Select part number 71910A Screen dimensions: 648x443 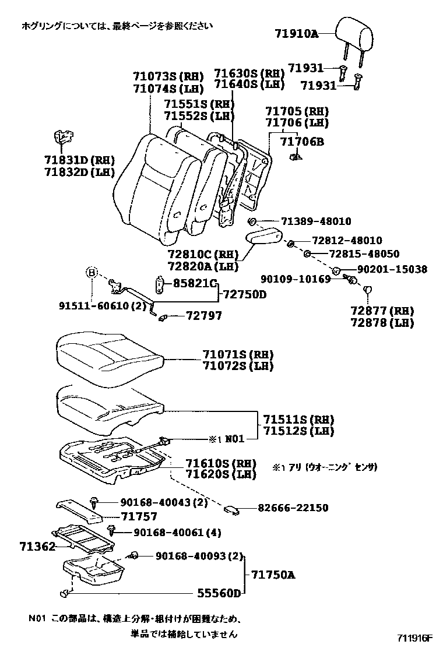[297, 34]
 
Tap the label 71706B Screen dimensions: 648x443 [302, 142]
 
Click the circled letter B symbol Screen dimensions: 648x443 [92, 272]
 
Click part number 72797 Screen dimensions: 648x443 [204, 316]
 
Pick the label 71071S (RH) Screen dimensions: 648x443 [238, 355]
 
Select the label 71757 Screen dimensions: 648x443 [139, 516]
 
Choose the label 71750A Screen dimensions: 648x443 [273, 575]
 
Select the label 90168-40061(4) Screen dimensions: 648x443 [169, 532]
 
